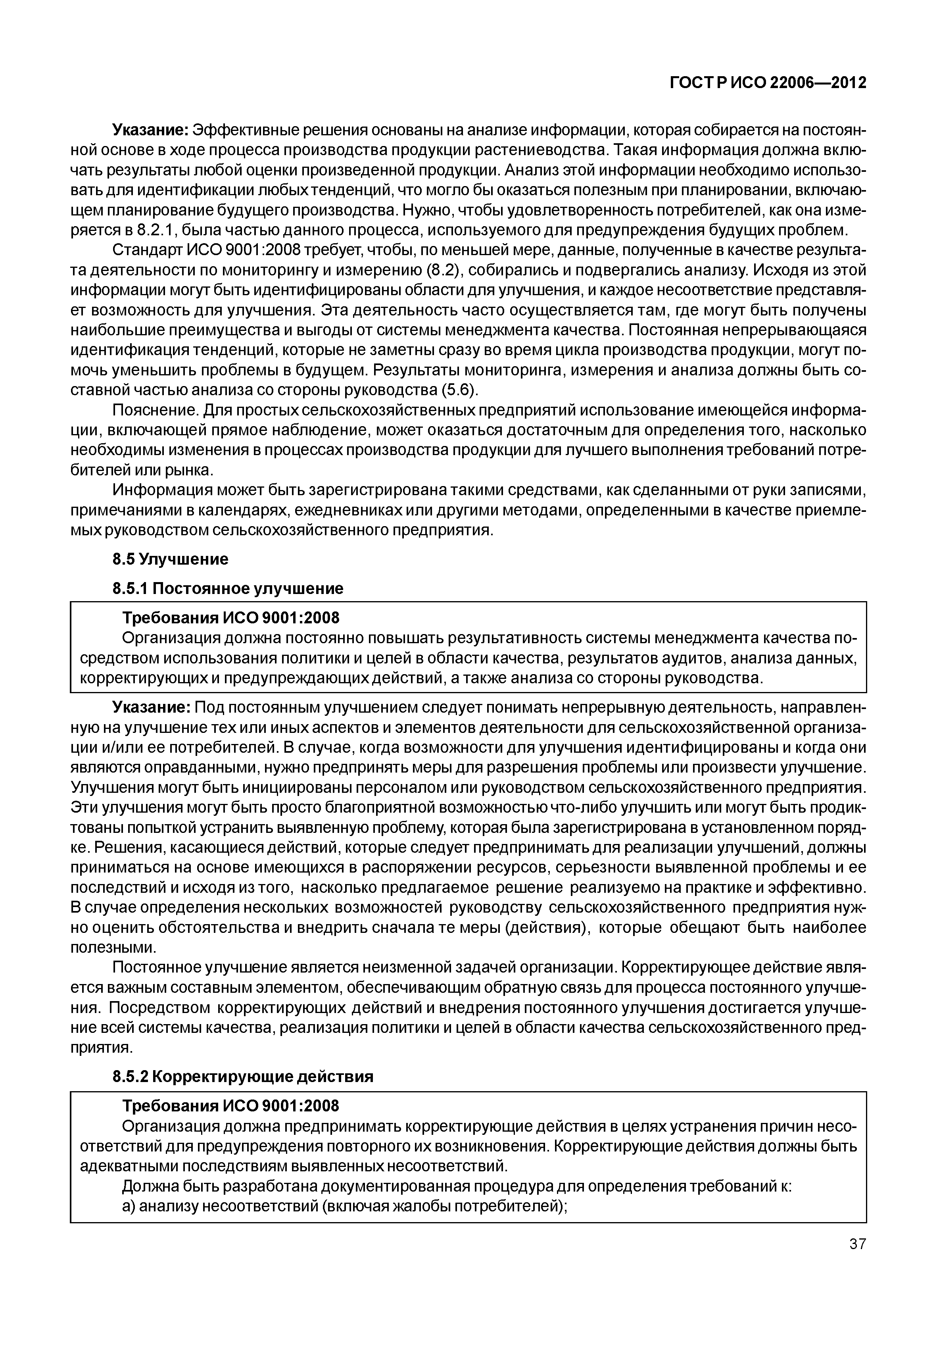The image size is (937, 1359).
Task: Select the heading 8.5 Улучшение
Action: click(170, 559)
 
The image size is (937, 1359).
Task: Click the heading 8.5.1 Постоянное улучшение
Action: click(228, 588)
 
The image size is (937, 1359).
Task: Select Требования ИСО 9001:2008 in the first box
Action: click(230, 618)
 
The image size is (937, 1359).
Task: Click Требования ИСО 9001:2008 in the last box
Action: click(230, 1106)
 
